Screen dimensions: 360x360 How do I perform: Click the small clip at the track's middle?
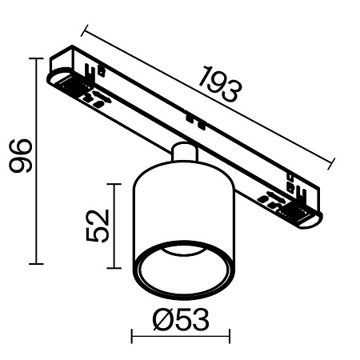click(x=191, y=119)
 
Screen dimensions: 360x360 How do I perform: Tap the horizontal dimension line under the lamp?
click(x=181, y=337)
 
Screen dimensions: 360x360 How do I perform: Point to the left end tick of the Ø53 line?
click(x=133, y=337)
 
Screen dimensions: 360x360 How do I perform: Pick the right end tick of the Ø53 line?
click(x=230, y=337)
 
